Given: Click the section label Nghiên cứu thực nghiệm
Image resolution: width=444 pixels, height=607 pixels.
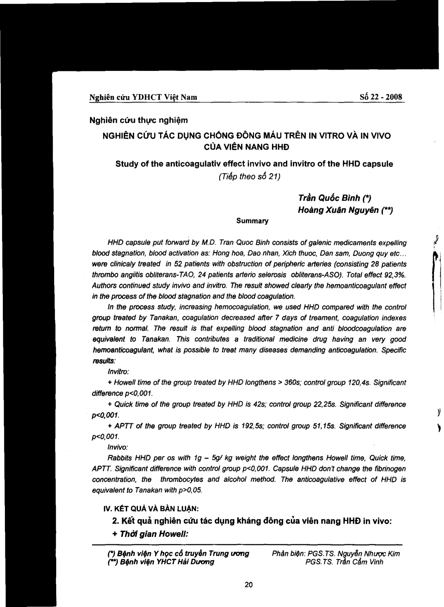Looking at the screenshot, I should click(x=138, y=120).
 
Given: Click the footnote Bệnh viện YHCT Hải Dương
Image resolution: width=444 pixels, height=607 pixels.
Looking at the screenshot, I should click(x=161, y=562).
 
